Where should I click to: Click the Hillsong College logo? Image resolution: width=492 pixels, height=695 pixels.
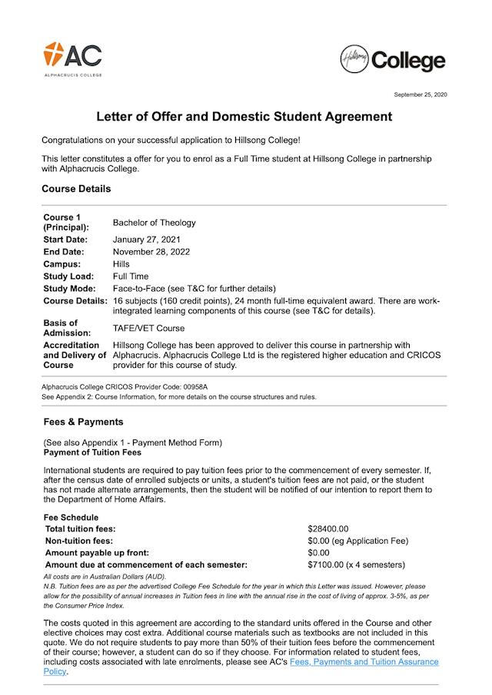coord(393,60)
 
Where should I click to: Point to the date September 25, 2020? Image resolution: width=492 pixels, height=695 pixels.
coord(420,94)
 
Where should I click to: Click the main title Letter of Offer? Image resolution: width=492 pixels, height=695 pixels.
coord(244,117)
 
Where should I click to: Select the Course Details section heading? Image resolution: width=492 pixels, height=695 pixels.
coord(76,188)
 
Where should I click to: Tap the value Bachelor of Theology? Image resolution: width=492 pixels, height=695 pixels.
coord(154,223)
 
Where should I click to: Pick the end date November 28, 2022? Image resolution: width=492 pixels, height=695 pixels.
coord(151,252)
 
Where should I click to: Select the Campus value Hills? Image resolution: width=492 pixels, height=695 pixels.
coord(121,264)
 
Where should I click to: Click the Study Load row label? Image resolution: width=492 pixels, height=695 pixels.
coord(68,276)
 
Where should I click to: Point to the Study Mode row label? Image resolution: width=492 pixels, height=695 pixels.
coord(69,289)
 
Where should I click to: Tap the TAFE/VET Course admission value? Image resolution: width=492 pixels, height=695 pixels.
coord(149,328)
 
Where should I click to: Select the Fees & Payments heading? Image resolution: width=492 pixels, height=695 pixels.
coord(83,422)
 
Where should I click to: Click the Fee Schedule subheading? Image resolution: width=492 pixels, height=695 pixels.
coord(71,518)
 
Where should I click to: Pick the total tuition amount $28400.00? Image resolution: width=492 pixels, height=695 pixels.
coord(328,529)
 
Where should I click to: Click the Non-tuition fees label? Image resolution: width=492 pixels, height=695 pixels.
coord(79,541)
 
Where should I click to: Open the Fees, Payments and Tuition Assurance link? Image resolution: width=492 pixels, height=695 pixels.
coord(364,661)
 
